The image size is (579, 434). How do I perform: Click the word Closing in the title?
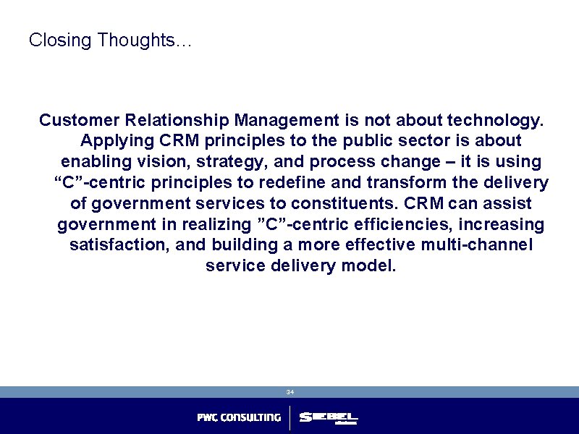click(61, 41)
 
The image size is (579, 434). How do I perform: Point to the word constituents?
click(339, 203)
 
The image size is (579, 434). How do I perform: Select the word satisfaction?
click(119, 244)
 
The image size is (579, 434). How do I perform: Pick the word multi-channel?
click(474, 244)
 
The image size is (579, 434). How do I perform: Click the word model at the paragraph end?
click(369, 265)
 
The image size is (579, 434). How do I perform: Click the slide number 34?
click(289, 392)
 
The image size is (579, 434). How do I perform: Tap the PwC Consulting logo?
click(239, 418)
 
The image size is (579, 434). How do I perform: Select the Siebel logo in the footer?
click(329, 418)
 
